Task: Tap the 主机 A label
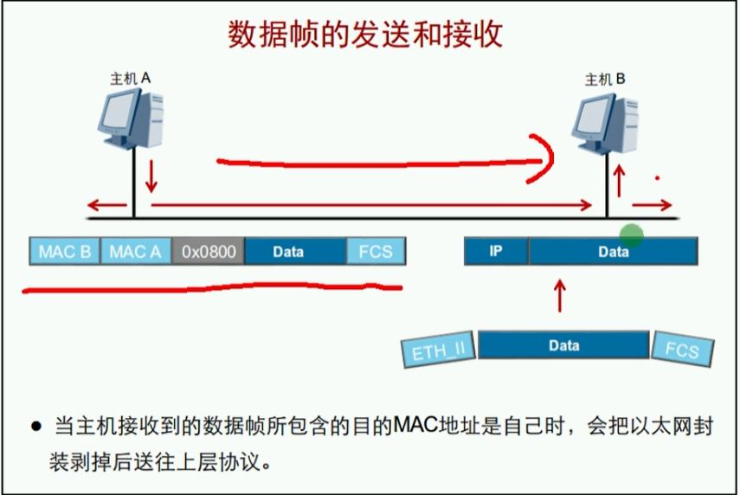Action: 131,79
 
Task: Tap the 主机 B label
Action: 605,80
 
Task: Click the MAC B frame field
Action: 65,252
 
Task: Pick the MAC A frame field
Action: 136,252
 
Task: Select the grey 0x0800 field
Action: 208,252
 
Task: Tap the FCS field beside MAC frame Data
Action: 375,252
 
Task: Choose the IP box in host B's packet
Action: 496,252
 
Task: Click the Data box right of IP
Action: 613,252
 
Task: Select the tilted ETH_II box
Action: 438,350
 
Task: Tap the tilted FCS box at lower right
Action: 683,350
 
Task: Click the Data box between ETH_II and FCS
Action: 563,345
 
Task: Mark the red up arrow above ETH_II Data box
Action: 561,296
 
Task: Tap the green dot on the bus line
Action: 632,234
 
